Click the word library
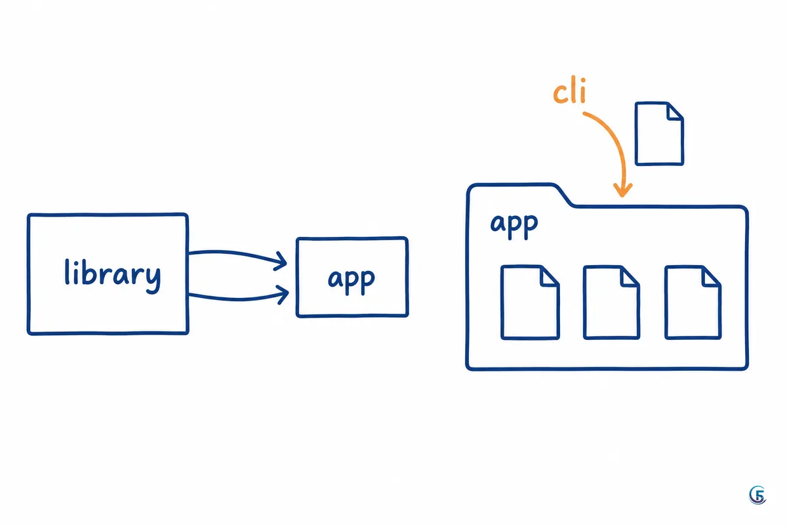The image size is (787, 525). [113, 276]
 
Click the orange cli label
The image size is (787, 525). [569, 90]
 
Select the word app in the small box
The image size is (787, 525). [352, 281]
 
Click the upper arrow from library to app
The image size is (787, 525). [237, 254]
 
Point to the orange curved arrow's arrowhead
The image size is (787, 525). [622, 190]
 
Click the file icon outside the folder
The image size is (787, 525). [659, 133]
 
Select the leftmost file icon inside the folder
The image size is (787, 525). [530, 303]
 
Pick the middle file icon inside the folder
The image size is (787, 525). [611, 303]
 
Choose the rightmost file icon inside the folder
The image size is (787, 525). [693, 303]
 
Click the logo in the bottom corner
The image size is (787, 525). [757, 495]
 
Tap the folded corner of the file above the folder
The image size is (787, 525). [675, 112]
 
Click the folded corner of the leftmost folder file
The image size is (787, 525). [550, 276]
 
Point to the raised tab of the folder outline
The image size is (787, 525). [520, 184]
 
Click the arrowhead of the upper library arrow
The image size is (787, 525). [281, 261]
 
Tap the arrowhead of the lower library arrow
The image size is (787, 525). [283, 295]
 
